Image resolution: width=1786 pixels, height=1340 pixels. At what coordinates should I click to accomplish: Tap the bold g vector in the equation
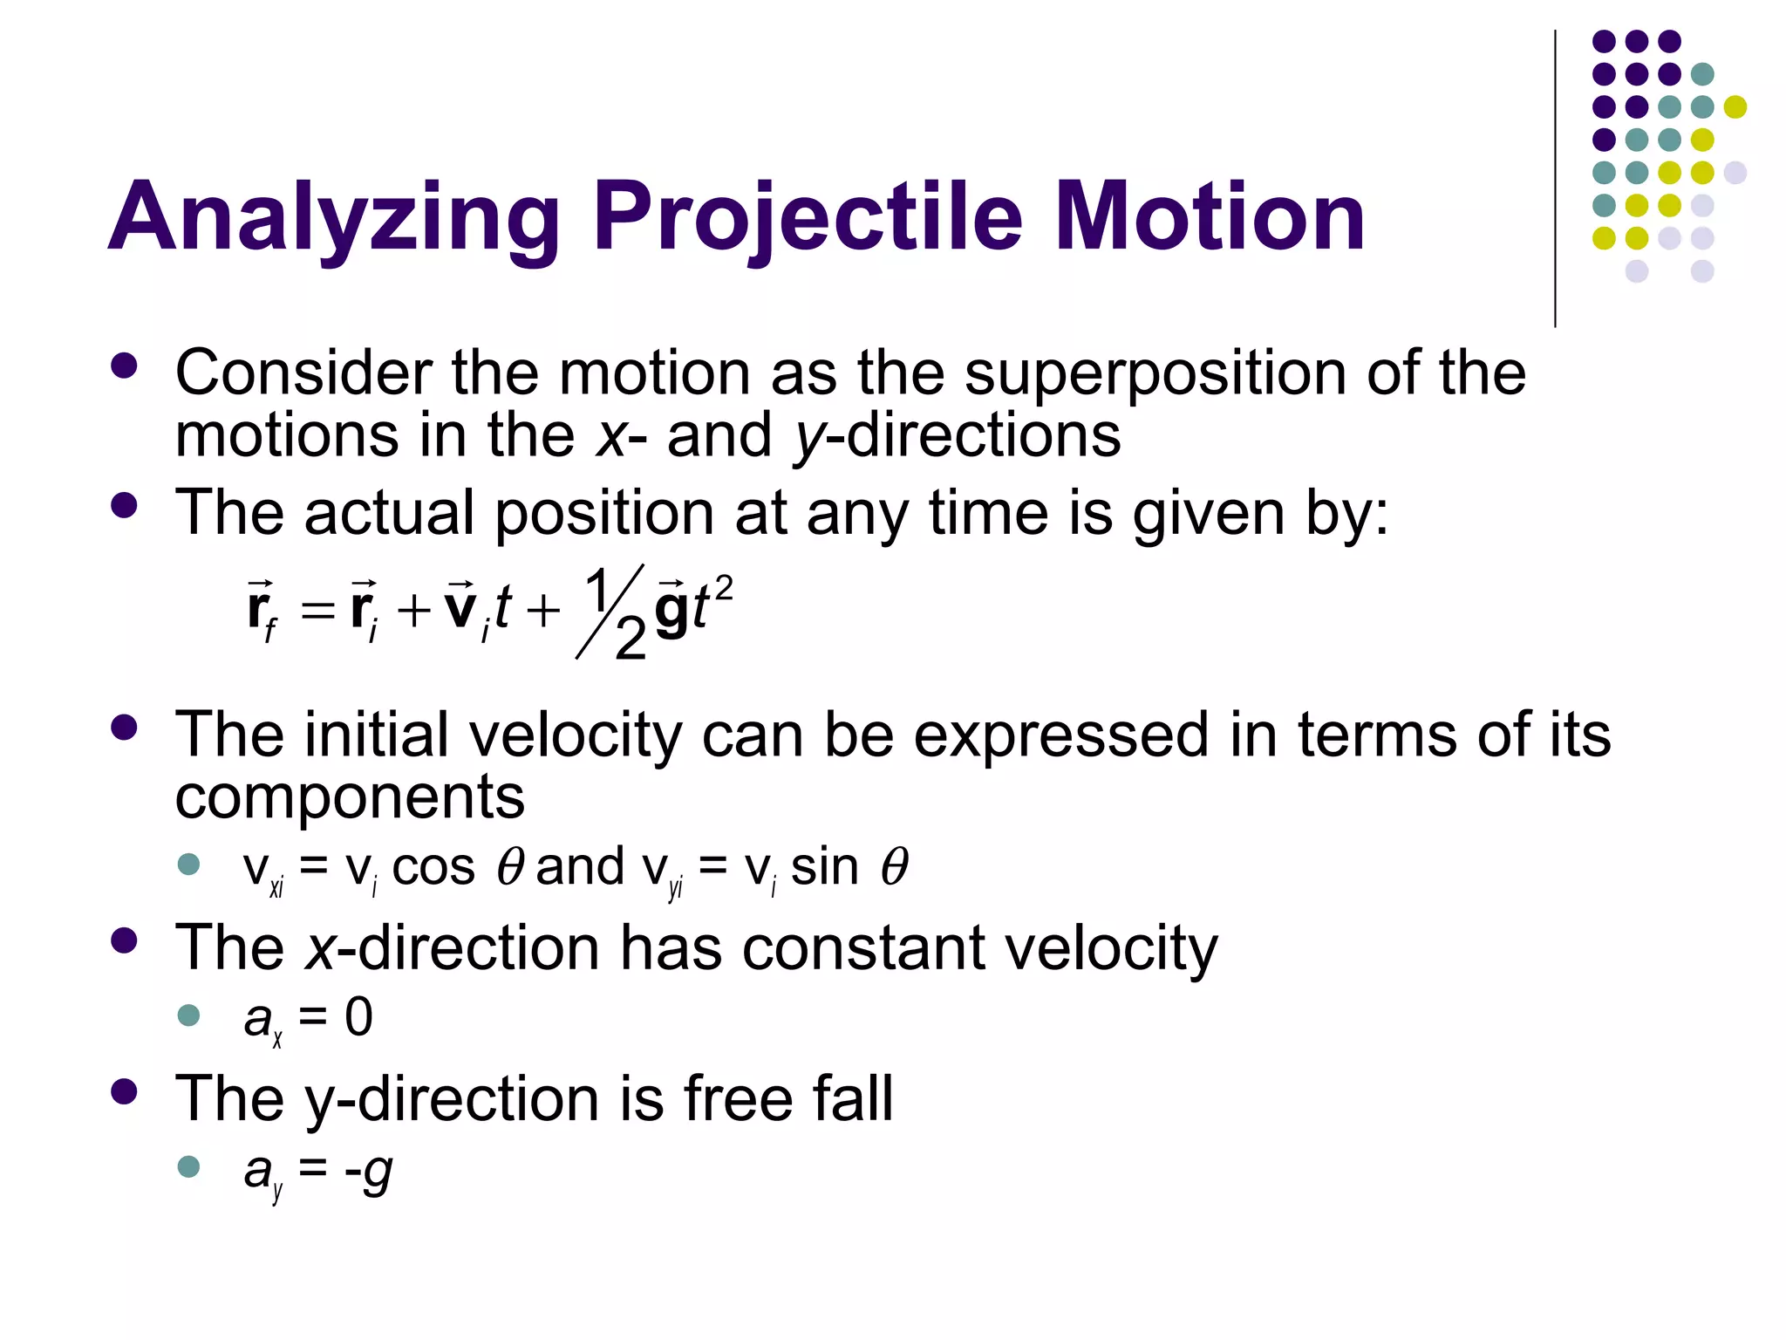(x=671, y=609)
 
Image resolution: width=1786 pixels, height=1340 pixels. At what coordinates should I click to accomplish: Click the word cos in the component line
(x=433, y=867)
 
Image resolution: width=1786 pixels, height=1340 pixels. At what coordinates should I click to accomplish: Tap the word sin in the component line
(x=824, y=867)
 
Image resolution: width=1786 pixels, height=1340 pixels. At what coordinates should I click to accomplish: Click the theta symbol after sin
(x=894, y=867)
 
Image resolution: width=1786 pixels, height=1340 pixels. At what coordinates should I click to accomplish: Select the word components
(x=350, y=797)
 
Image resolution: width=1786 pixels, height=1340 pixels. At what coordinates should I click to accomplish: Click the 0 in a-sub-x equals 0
(x=358, y=1017)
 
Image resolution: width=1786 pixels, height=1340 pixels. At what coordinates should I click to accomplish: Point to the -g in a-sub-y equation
(x=368, y=1171)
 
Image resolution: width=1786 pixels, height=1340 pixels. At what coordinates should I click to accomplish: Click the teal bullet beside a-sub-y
(x=188, y=1166)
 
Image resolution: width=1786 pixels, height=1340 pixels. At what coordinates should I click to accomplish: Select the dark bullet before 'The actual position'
(x=125, y=506)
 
